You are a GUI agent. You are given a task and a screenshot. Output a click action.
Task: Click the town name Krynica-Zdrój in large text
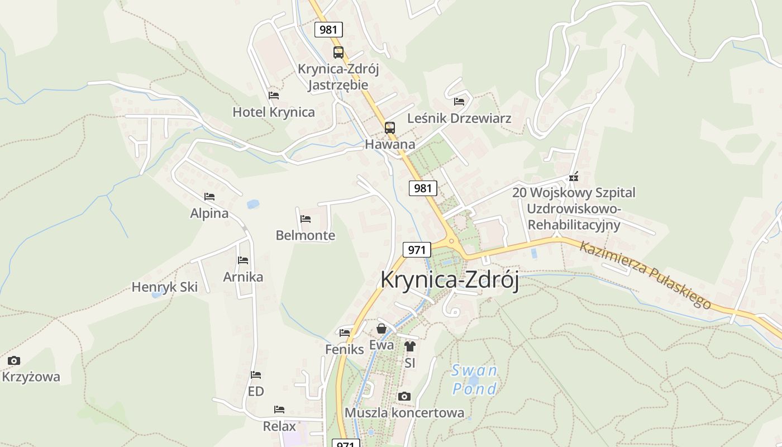tap(450, 279)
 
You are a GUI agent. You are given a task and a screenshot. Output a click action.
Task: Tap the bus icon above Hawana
tap(390, 127)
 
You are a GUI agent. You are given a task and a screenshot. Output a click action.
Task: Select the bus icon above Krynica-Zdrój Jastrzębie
tap(338, 53)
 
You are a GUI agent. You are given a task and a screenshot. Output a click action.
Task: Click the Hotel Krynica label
tap(274, 112)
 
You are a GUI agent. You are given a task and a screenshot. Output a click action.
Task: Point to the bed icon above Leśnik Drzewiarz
tap(459, 101)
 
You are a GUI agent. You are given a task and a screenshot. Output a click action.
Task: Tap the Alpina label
tap(209, 213)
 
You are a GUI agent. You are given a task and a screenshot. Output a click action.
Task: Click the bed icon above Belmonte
tap(306, 218)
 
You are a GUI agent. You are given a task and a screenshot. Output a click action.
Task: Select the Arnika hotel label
tap(243, 277)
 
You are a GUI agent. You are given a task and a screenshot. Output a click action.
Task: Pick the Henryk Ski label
tap(165, 287)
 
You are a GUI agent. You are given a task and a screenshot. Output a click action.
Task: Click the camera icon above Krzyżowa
tap(14, 360)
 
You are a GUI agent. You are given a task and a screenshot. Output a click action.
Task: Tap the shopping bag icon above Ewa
tap(382, 329)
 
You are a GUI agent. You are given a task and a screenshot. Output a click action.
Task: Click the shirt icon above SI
tap(410, 346)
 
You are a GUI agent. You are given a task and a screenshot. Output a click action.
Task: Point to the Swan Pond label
tap(474, 379)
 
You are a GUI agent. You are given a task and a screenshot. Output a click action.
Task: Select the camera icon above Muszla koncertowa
tap(404, 396)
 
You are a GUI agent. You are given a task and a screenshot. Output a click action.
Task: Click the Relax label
tap(279, 426)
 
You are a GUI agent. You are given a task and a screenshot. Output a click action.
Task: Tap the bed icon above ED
tap(256, 374)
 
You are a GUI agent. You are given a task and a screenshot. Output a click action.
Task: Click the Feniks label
tap(345, 349)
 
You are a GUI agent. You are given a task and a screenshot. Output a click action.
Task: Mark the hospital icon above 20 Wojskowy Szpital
tap(573, 177)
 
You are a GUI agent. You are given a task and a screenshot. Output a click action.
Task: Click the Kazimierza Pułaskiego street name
tap(646, 274)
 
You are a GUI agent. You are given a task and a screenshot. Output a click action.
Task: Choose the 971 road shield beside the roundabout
tap(417, 249)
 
